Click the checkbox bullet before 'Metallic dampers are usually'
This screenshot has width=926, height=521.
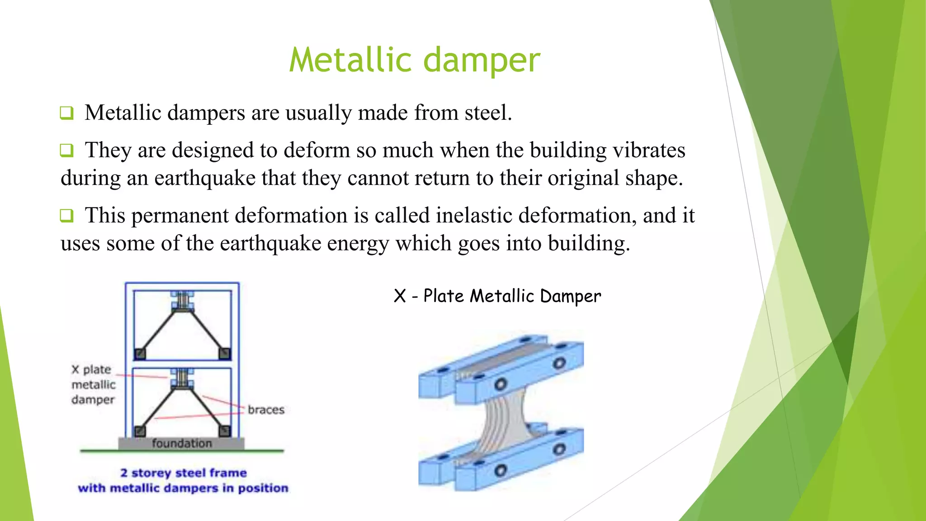(x=66, y=113)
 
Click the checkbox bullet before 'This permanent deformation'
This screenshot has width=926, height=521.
(x=66, y=215)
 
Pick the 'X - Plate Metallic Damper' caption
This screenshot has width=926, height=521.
(x=497, y=296)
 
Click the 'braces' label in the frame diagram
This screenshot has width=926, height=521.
(x=266, y=410)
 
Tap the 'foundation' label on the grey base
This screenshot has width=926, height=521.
(x=182, y=443)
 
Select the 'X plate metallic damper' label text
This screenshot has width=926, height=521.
(x=94, y=384)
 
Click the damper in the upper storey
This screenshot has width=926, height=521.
(x=183, y=301)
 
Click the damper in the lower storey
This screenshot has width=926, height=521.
(x=183, y=379)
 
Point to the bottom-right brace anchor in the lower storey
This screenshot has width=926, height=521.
(x=225, y=431)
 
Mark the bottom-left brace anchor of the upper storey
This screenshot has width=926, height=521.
(x=140, y=354)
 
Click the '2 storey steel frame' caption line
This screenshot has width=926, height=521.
(x=183, y=473)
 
